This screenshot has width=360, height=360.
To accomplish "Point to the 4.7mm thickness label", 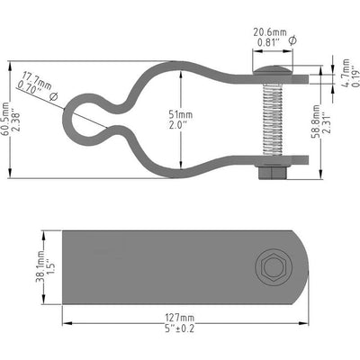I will tap(341, 69).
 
